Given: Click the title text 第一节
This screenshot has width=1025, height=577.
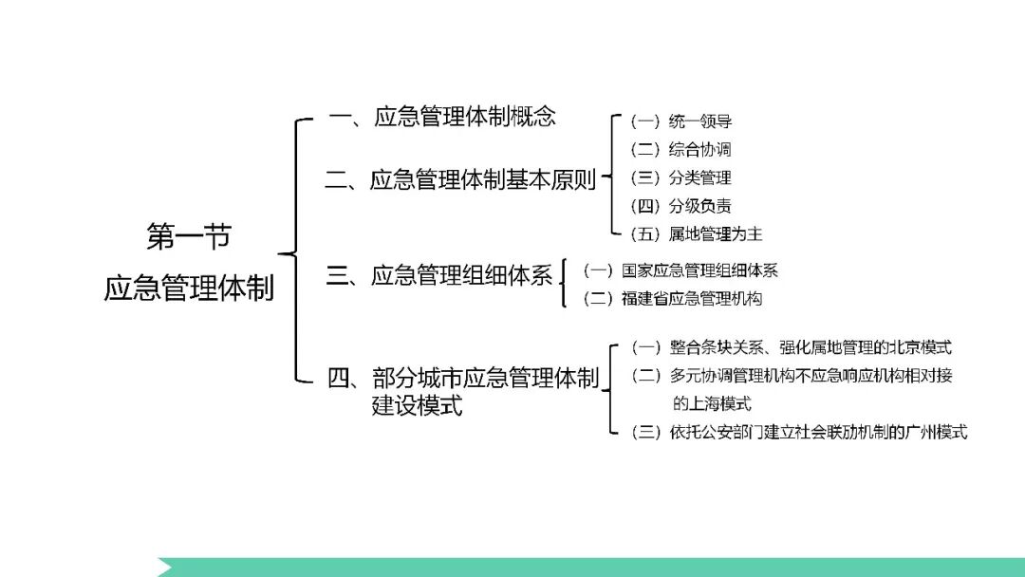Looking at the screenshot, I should coord(189,237).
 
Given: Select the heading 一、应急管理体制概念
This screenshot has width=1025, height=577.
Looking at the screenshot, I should coord(441,117).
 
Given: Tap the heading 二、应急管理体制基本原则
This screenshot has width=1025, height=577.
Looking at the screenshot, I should coord(460,179).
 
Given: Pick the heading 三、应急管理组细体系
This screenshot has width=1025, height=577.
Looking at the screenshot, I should coord(439,276).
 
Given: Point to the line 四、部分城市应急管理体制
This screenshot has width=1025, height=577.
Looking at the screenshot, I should coord(463,378).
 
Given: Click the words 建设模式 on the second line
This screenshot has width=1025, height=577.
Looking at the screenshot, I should coord(417,406).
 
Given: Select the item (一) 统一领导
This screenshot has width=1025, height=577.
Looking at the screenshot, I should coord(680,121).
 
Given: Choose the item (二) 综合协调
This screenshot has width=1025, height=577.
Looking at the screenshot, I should coord(680,150).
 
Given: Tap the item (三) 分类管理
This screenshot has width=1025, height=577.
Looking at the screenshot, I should coord(680,178).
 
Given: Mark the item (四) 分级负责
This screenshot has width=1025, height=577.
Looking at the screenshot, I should coord(680,206).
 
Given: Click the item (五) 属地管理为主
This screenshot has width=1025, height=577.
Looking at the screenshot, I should coord(696,233).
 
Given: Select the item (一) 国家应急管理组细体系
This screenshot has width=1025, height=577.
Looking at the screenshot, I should coord(680,270).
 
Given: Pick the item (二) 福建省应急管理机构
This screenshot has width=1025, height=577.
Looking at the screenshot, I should coord(673,298).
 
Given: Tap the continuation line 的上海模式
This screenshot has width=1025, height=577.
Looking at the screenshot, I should coord(712,403).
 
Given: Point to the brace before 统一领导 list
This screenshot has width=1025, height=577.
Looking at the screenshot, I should coord(612,177).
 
